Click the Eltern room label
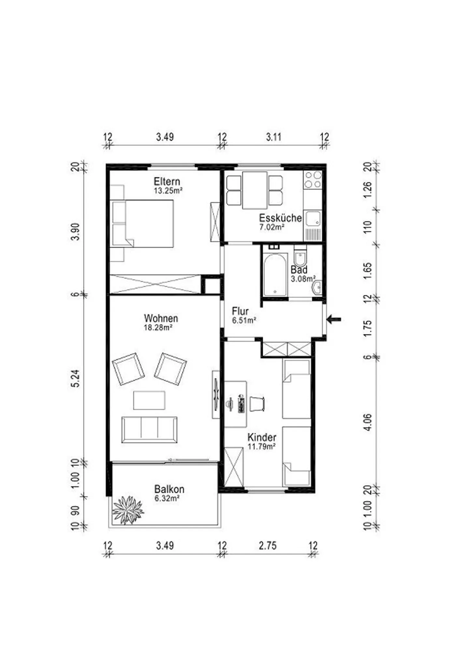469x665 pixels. point(167,181)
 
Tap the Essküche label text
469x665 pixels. point(280,218)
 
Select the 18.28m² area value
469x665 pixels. point(158,327)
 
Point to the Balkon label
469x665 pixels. point(169,489)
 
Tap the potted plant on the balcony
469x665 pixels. point(128,510)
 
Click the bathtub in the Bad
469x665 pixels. point(275,275)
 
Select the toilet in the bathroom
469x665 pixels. point(300,256)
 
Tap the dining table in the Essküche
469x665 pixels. point(255,190)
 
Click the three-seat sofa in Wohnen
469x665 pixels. point(149,430)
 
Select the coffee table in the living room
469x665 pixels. point(149,400)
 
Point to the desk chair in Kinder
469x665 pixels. point(257,404)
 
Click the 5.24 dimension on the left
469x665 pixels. point(75,379)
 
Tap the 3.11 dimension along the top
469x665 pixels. point(274,137)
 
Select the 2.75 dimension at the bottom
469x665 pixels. point(268,546)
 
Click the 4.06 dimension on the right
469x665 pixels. point(367,422)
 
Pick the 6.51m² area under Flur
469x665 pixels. point(244,320)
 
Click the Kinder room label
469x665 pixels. point(262,437)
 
